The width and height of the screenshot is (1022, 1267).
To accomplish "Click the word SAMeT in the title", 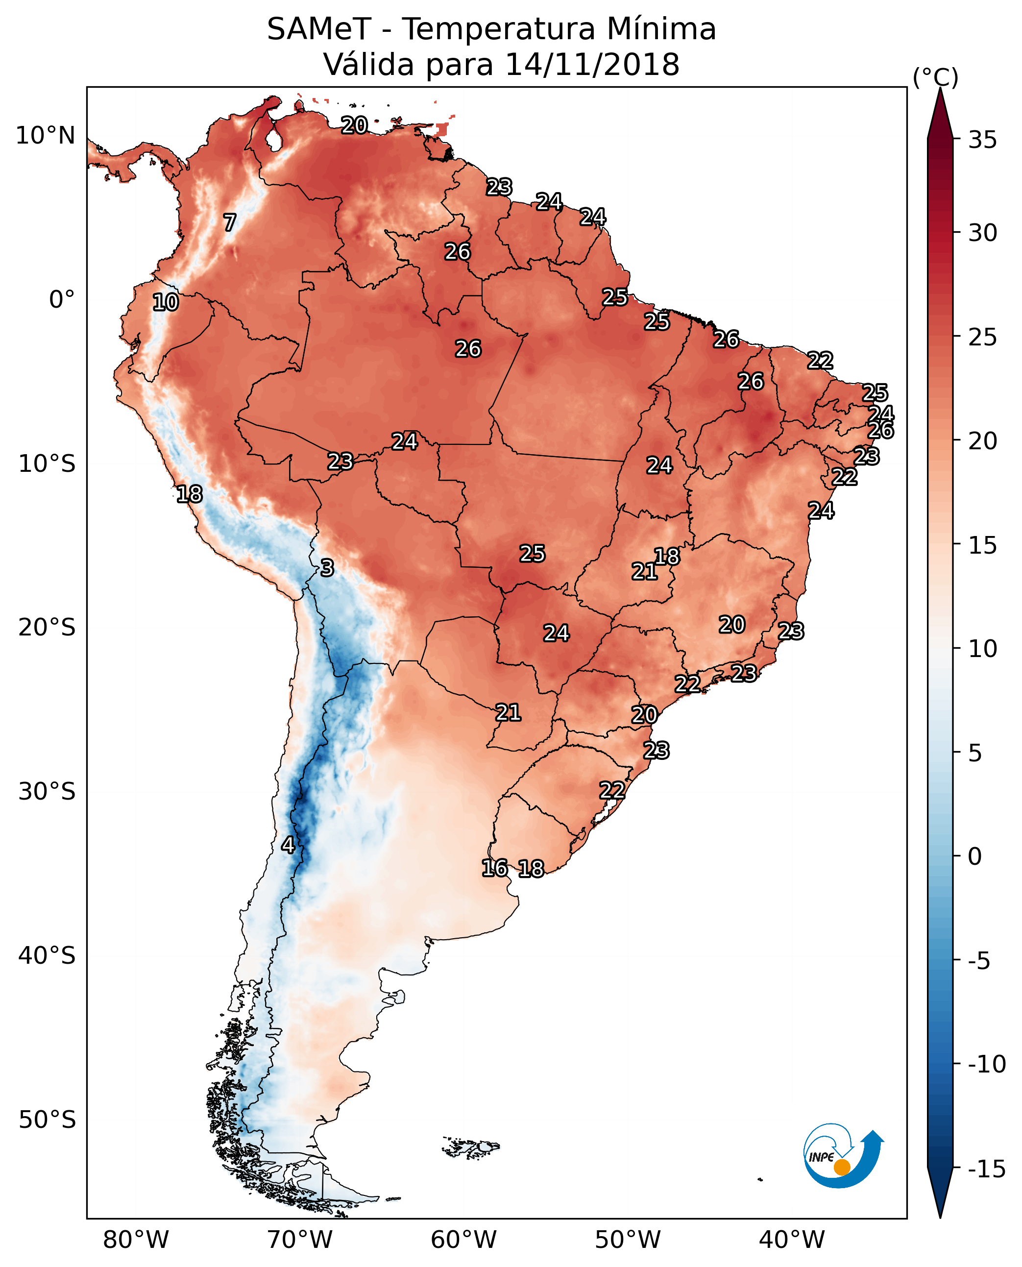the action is pyautogui.click(x=319, y=29).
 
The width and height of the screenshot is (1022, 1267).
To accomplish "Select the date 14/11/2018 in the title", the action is pyautogui.click(x=592, y=65).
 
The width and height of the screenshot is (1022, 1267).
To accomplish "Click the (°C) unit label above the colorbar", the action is pyautogui.click(x=935, y=77).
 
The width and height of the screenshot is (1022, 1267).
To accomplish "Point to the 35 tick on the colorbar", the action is pyautogui.click(x=982, y=140).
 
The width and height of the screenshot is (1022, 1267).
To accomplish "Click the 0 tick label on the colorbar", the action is pyautogui.click(x=975, y=856).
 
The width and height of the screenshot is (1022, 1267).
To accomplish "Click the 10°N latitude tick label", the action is pyautogui.click(x=46, y=136).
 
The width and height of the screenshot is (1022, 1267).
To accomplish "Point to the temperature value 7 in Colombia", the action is pyautogui.click(x=230, y=222).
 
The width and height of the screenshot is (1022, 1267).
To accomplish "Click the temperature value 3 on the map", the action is pyautogui.click(x=327, y=567).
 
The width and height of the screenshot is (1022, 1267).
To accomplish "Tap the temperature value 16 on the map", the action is pyautogui.click(x=494, y=868).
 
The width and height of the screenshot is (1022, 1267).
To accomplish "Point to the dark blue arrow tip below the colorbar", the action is pyautogui.click(x=940, y=1217).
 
